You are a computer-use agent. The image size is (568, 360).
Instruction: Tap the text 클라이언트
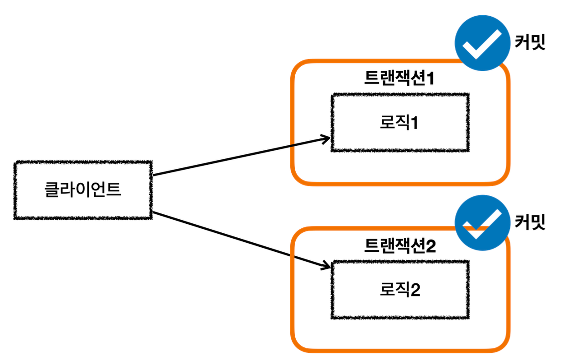click(83, 189)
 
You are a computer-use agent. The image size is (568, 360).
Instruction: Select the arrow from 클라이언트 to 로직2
click(239, 240)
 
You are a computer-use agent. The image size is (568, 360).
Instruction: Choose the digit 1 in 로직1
click(413, 123)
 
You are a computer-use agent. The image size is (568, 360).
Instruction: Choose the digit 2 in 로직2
click(414, 290)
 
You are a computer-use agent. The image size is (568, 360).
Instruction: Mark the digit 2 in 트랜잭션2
click(431, 245)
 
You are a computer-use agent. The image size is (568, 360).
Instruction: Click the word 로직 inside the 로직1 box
click(392, 123)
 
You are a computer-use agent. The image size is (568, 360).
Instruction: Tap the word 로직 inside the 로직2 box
click(392, 290)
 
